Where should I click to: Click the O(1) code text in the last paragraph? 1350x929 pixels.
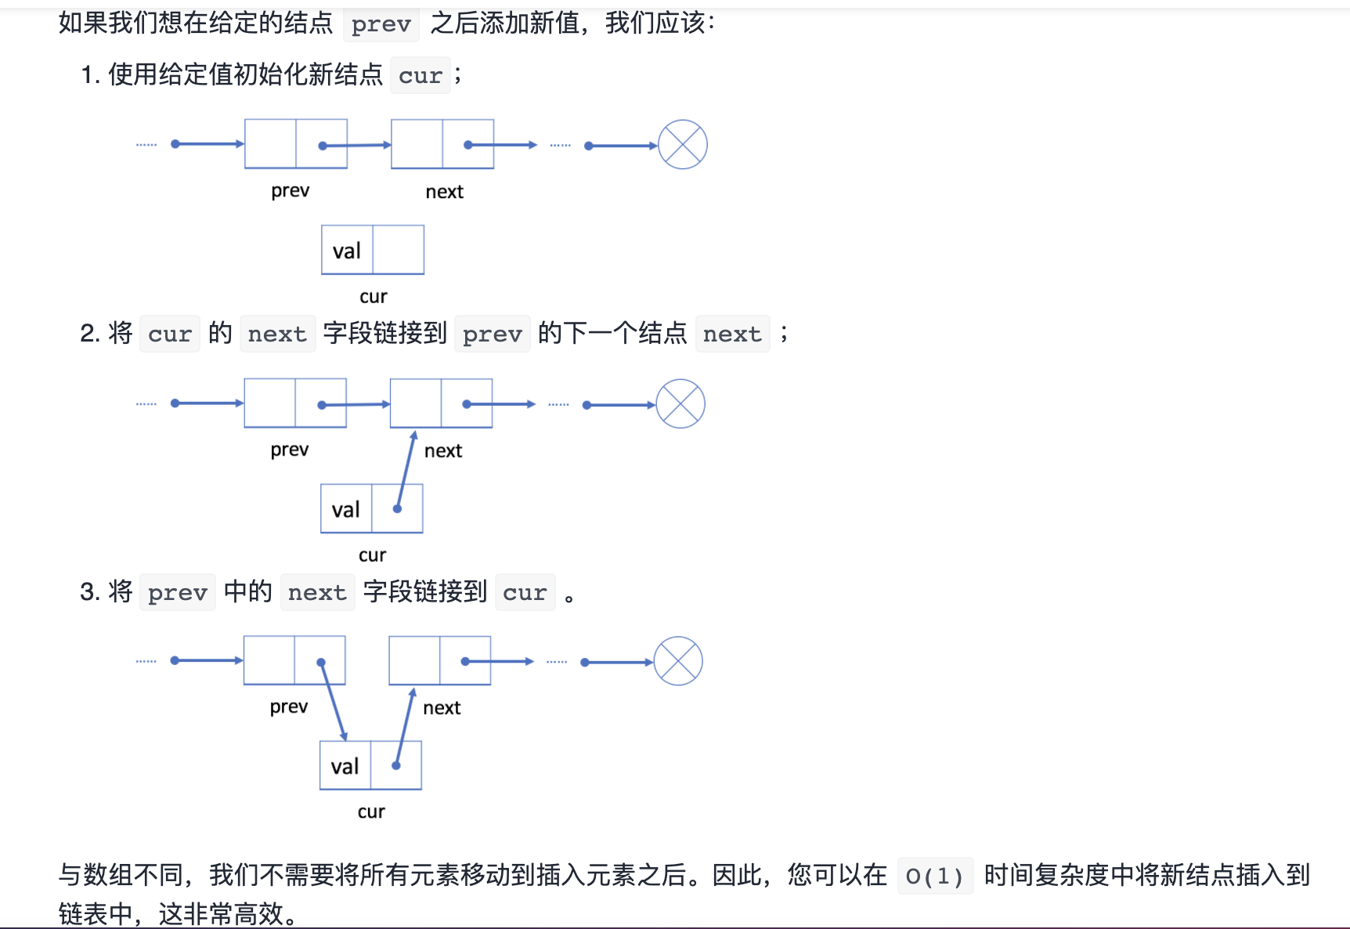point(934,876)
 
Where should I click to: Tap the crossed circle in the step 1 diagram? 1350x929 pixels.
point(682,145)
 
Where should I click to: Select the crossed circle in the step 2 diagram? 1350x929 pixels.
point(680,404)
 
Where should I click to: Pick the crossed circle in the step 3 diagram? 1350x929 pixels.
point(678,661)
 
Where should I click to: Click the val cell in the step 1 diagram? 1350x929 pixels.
point(347,251)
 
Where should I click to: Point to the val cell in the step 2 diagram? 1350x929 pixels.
point(346,509)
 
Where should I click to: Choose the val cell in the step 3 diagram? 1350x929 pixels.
point(345,766)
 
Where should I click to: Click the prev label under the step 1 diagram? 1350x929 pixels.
point(290,191)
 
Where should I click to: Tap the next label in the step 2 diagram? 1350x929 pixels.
point(443,451)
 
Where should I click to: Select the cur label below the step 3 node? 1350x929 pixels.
point(371,812)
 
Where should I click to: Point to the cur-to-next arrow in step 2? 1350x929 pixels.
point(406,470)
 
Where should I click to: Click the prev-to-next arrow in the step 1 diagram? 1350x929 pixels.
point(357,145)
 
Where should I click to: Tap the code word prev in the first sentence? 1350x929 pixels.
point(381,24)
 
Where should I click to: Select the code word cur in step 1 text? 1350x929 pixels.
point(421,76)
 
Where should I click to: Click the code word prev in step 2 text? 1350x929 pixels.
point(492,334)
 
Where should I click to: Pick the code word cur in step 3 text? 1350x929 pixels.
point(525,593)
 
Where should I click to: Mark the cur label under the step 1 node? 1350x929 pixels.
point(374,297)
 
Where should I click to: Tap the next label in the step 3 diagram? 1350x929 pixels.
point(442,708)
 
